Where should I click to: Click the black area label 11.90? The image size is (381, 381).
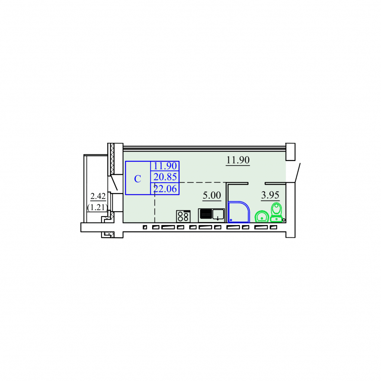tap(238, 160)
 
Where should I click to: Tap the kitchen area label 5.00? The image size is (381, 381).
tap(212, 195)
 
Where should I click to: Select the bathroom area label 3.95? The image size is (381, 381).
tap(270, 195)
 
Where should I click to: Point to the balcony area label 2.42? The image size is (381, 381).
tap(98, 196)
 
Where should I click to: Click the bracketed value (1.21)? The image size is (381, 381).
tap(97, 207)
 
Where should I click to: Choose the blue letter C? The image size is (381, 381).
tap(138, 179)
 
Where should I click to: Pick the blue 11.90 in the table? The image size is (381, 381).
tap(165, 166)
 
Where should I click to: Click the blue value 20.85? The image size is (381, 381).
tap(165, 177)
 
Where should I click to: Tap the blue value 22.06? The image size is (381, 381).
tap(165, 189)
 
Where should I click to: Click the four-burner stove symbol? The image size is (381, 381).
tap(183, 216)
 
